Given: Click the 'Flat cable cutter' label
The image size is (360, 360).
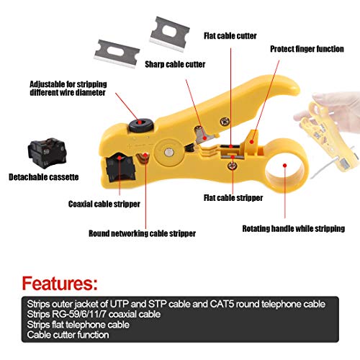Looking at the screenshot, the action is coord(230,36).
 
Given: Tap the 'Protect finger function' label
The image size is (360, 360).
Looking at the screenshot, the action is coord(307,49).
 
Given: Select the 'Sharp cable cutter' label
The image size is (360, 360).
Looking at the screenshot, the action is coord(175,64).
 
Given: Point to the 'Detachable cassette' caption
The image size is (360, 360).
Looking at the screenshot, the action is coord(44,177).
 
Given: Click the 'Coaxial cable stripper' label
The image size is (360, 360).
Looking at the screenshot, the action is coord(104,204).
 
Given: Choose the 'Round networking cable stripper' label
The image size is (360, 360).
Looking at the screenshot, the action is coord(142,233).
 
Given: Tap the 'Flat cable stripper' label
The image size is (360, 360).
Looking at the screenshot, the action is coord(233,198).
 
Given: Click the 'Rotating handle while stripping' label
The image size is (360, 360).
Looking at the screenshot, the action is coord(294,228).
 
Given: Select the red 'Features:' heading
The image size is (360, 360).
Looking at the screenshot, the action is coord(60,284).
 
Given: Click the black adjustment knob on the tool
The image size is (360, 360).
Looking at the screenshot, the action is coord(141,125).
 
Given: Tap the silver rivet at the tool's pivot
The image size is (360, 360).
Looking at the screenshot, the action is coord(169,152).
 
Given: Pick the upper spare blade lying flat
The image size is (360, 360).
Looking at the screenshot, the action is coord(169,34).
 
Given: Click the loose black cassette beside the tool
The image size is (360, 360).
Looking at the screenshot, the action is coord(47,152).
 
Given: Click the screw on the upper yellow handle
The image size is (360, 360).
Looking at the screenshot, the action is coord(225,121).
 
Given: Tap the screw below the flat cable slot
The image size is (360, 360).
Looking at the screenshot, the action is coord(233,166).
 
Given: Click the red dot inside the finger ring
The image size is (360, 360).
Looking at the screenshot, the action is coord(284,166).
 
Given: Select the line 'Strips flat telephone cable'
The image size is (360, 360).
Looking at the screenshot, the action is coord(78,325).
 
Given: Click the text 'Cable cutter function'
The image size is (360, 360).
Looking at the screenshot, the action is coord(68,335).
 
